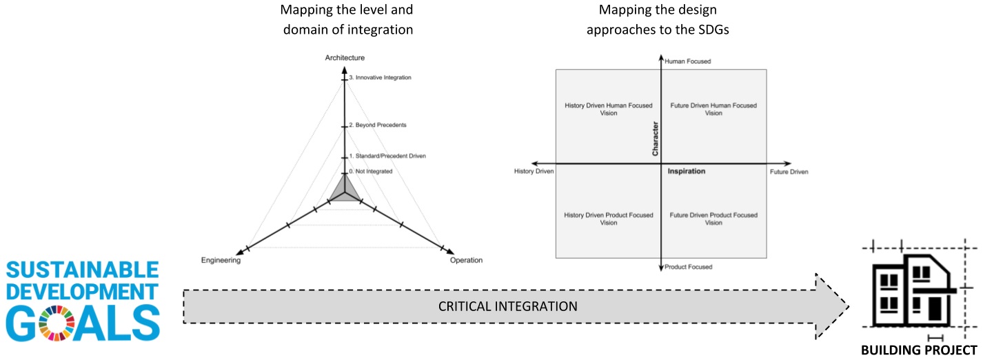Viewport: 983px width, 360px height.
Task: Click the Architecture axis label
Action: pyautogui.click(x=345, y=57)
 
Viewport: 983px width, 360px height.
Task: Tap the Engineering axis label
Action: pyautogui.click(x=221, y=261)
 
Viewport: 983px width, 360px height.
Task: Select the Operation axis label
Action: pyautogui.click(x=466, y=260)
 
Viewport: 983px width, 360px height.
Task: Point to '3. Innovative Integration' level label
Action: pyautogui.click(x=380, y=78)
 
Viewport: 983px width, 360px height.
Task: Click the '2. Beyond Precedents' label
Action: pyautogui.click(x=378, y=125)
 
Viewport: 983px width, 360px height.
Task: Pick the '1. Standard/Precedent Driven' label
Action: pyautogui.click(x=387, y=156)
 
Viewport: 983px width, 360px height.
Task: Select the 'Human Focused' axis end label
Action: pyautogui.click(x=687, y=61)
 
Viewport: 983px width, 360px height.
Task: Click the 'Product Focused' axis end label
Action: pyautogui.click(x=689, y=266)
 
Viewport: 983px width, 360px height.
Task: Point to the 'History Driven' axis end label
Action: pyautogui.click(x=534, y=171)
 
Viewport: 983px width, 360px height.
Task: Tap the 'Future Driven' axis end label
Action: pyautogui.click(x=789, y=171)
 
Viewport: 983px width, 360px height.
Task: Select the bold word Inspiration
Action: pyautogui.click(x=687, y=171)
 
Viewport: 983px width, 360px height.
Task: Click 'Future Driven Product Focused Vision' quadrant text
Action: pyautogui.click(x=713, y=219)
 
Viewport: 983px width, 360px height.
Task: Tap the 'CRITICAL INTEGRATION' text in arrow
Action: pyautogui.click(x=508, y=306)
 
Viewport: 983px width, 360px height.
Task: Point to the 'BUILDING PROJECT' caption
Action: pyautogui.click(x=919, y=350)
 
